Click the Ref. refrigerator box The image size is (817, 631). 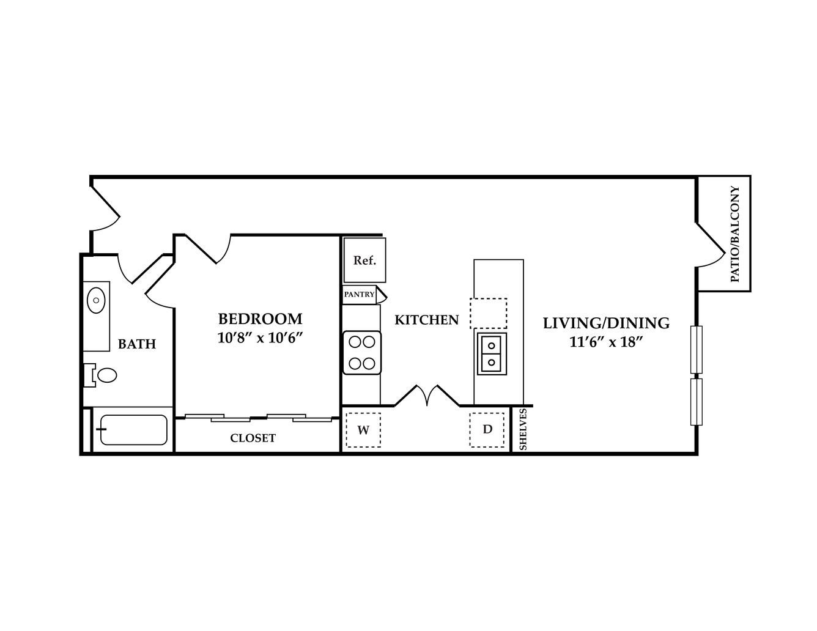(364, 260)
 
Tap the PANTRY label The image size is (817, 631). (359, 294)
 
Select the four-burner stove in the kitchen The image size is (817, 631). (361, 353)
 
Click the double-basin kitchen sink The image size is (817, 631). (492, 353)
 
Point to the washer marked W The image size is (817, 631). (363, 430)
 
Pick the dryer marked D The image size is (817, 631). (487, 430)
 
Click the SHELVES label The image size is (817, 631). (523, 429)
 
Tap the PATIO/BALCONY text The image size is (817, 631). (734, 234)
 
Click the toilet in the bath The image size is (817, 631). (100, 375)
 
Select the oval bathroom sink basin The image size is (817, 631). (96, 300)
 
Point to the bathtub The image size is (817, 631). (133, 430)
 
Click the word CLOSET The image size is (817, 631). (253, 438)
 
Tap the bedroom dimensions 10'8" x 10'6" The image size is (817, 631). (260, 338)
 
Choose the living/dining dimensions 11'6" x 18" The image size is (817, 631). (606, 342)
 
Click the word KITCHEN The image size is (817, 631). (427, 320)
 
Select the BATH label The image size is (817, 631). (137, 344)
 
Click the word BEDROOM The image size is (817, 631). (260, 319)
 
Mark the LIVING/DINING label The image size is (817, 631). (606, 323)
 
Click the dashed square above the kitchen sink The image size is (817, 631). (488, 314)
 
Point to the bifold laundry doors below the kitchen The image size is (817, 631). (427, 396)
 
